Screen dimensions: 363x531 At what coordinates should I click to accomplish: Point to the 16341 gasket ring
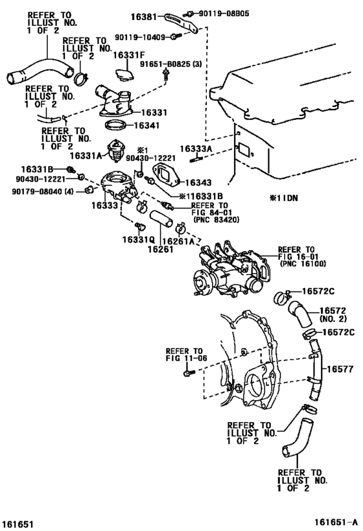coord(116,125)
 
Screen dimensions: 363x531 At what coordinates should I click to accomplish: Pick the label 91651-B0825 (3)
coord(171,64)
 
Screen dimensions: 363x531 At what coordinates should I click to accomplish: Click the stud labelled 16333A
coord(196,158)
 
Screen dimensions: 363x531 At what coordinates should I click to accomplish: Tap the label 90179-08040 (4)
coord(43,192)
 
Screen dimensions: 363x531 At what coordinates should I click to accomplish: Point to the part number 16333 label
coord(104,206)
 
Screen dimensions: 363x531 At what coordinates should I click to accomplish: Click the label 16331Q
coord(139,240)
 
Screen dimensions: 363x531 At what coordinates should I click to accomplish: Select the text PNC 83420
coord(217,220)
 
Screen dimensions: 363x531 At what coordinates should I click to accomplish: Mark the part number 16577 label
coord(340,369)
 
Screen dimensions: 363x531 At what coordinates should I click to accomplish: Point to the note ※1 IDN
coord(283,198)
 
